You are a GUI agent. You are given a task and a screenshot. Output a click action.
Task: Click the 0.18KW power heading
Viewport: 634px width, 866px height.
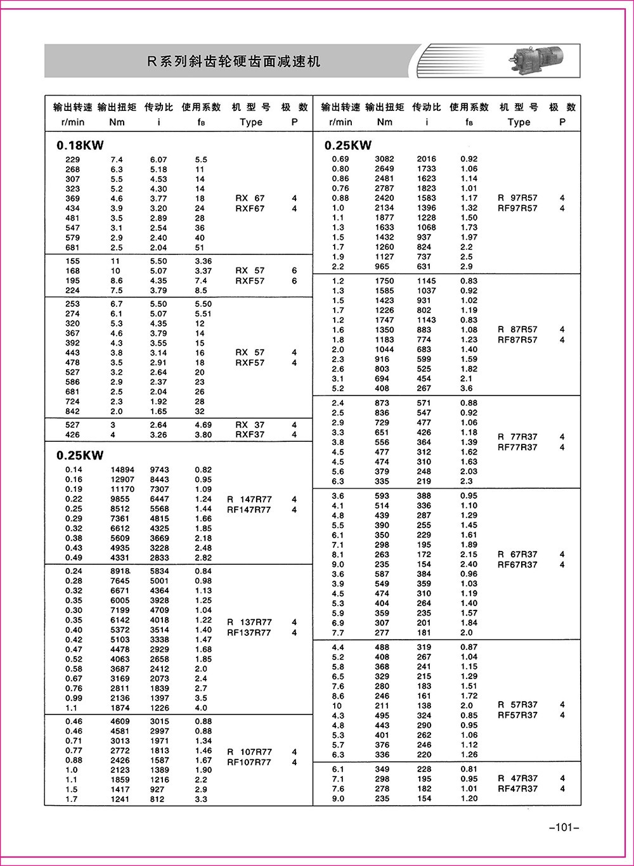[x=80, y=145]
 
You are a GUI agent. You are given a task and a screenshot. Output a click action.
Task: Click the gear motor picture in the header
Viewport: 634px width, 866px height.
[x=543, y=60]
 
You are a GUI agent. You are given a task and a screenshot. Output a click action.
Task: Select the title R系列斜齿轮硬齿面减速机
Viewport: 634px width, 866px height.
[x=234, y=61]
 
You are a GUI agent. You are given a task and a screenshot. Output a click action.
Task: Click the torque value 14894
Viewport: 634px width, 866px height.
[x=122, y=470]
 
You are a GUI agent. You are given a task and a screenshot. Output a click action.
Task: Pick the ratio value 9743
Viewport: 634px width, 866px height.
[x=160, y=470]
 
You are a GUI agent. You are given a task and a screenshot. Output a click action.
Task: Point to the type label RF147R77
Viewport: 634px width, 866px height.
[x=249, y=510]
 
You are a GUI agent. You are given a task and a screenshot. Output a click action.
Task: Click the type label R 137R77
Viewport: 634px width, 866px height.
[x=249, y=623]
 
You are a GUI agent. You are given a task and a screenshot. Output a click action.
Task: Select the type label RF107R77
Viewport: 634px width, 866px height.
[x=249, y=762]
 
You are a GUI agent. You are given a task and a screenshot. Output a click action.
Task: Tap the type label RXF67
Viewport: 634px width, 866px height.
[x=250, y=209]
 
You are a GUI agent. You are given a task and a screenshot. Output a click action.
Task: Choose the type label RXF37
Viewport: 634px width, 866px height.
[x=250, y=435]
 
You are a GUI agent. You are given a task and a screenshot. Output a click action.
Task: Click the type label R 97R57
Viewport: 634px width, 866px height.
[x=517, y=198]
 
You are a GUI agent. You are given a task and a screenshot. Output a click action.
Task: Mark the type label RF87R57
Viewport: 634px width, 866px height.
[x=517, y=340]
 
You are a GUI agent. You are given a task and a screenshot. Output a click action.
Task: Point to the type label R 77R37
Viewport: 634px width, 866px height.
[x=517, y=437]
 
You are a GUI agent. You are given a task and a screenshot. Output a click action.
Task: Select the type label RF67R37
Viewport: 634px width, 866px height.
[x=517, y=565]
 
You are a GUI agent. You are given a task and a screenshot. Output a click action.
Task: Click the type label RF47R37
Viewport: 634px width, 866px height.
[x=517, y=789]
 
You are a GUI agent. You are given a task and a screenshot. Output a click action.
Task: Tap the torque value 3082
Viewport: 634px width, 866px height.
[x=384, y=159]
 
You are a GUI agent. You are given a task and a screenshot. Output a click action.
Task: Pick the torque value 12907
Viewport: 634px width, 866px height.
[x=122, y=480]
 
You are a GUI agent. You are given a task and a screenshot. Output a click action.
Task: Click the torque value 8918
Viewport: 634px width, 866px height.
[x=120, y=571]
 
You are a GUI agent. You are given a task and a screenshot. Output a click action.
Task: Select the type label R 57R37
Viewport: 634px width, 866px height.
[x=517, y=705]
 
